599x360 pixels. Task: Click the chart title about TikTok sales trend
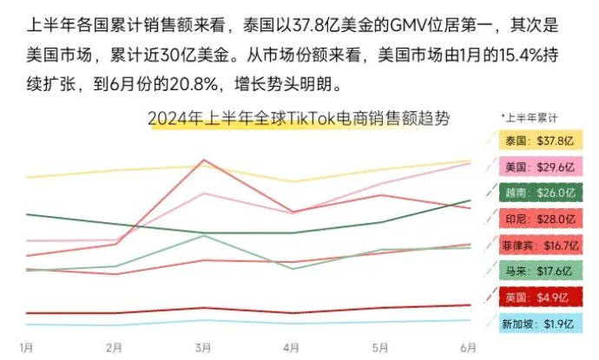click(x=299, y=119)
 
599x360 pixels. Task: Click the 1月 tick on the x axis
click(x=27, y=348)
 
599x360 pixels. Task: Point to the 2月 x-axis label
click(x=115, y=348)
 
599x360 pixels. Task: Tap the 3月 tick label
click(x=203, y=348)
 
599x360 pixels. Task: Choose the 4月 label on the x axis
click(x=292, y=348)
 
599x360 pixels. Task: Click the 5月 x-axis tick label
click(x=379, y=348)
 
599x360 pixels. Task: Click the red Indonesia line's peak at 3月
click(x=203, y=160)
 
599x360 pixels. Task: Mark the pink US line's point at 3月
click(x=203, y=193)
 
